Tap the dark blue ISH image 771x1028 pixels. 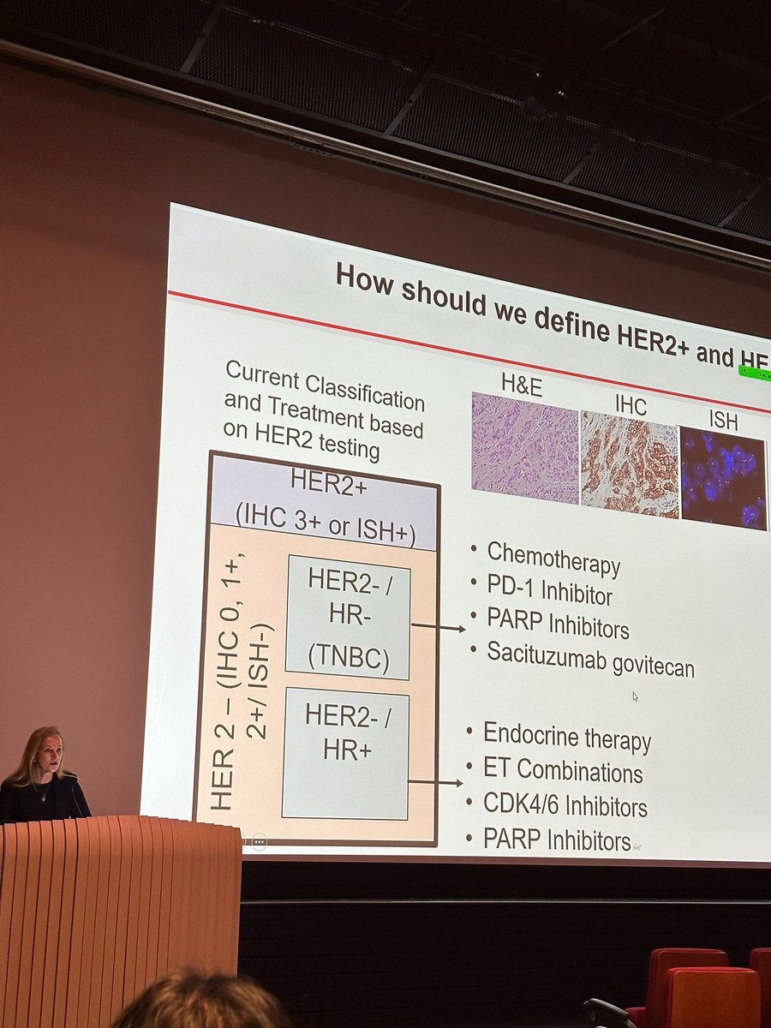[722, 479]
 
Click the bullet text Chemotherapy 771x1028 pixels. [553, 559]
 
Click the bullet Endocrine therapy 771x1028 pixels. [567, 737]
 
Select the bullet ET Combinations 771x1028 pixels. [563, 771]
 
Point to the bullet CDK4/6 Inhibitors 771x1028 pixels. [565, 805]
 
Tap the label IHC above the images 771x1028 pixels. [631, 406]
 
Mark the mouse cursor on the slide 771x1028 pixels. [635, 696]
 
